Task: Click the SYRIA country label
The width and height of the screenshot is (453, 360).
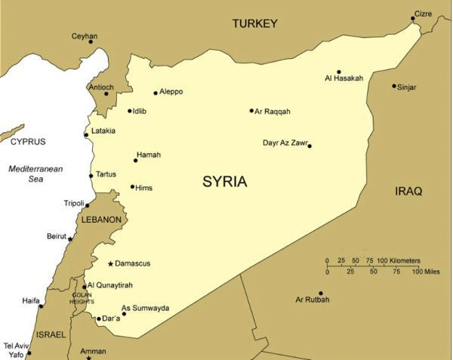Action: [x=225, y=182]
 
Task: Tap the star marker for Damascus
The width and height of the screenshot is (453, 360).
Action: [x=111, y=263]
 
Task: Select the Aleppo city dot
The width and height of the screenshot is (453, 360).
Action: [x=156, y=93]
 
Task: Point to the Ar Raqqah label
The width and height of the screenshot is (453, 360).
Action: [x=273, y=111]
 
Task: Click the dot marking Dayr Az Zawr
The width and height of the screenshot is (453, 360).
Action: [x=310, y=146]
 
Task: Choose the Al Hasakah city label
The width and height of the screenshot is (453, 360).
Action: [x=344, y=78]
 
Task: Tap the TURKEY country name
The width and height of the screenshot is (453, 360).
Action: [x=254, y=23]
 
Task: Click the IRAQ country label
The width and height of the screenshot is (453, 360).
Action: [x=408, y=192]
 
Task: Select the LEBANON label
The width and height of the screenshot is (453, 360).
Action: [x=101, y=220]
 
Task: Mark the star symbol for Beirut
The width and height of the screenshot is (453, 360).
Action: [x=71, y=238]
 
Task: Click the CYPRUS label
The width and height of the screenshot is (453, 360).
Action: [x=28, y=141]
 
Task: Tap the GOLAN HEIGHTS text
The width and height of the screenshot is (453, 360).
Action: [x=82, y=299]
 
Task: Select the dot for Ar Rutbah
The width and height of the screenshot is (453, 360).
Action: [x=321, y=294]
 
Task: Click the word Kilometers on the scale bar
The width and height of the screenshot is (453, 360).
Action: [x=405, y=260]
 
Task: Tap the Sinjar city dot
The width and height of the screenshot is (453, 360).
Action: [x=394, y=86]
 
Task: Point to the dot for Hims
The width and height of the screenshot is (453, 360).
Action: [x=133, y=186]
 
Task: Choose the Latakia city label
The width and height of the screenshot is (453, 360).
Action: [x=103, y=131]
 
